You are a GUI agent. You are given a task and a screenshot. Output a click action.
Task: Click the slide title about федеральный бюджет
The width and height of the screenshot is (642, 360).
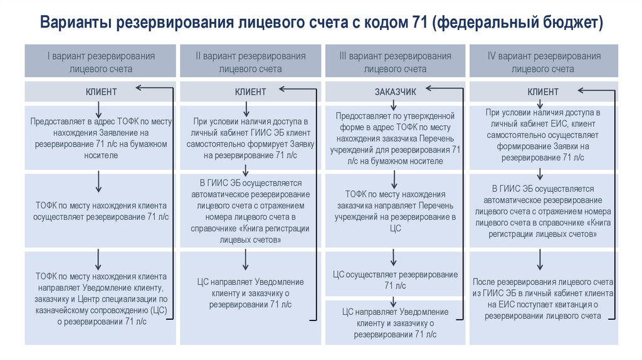(321, 23)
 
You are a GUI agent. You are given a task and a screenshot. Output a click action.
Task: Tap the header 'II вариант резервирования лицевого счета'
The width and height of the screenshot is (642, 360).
(251, 62)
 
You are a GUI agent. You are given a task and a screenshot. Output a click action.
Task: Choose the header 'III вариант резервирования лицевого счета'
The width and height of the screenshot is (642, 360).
(395, 62)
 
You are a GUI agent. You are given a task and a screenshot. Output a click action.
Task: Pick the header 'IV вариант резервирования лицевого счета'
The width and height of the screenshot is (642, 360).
(544, 62)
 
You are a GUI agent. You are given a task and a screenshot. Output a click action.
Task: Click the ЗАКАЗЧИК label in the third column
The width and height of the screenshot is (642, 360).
(395, 92)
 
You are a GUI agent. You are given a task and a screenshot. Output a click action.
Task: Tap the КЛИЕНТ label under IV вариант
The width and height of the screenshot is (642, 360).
(543, 92)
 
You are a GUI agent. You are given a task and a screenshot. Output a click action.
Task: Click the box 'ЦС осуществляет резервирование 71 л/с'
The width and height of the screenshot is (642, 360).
(395, 280)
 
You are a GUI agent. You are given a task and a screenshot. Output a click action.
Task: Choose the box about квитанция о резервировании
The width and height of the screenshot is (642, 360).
(543, 299)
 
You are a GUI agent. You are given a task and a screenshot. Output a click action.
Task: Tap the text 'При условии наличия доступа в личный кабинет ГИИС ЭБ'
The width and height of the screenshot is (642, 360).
(251, 137)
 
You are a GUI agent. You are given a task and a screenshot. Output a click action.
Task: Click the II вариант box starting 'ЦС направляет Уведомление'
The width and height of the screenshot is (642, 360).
(251, 294)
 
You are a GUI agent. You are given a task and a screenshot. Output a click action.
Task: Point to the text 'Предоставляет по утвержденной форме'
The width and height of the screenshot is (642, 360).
(395, 138)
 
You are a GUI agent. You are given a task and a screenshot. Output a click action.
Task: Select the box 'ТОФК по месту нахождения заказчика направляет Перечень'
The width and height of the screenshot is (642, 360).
(395, 211)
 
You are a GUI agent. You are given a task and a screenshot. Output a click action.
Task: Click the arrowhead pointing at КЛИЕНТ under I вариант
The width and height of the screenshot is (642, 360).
(139, 88)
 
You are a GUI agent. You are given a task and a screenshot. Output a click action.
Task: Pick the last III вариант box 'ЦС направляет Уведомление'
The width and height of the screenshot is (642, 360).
(395, 323)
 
